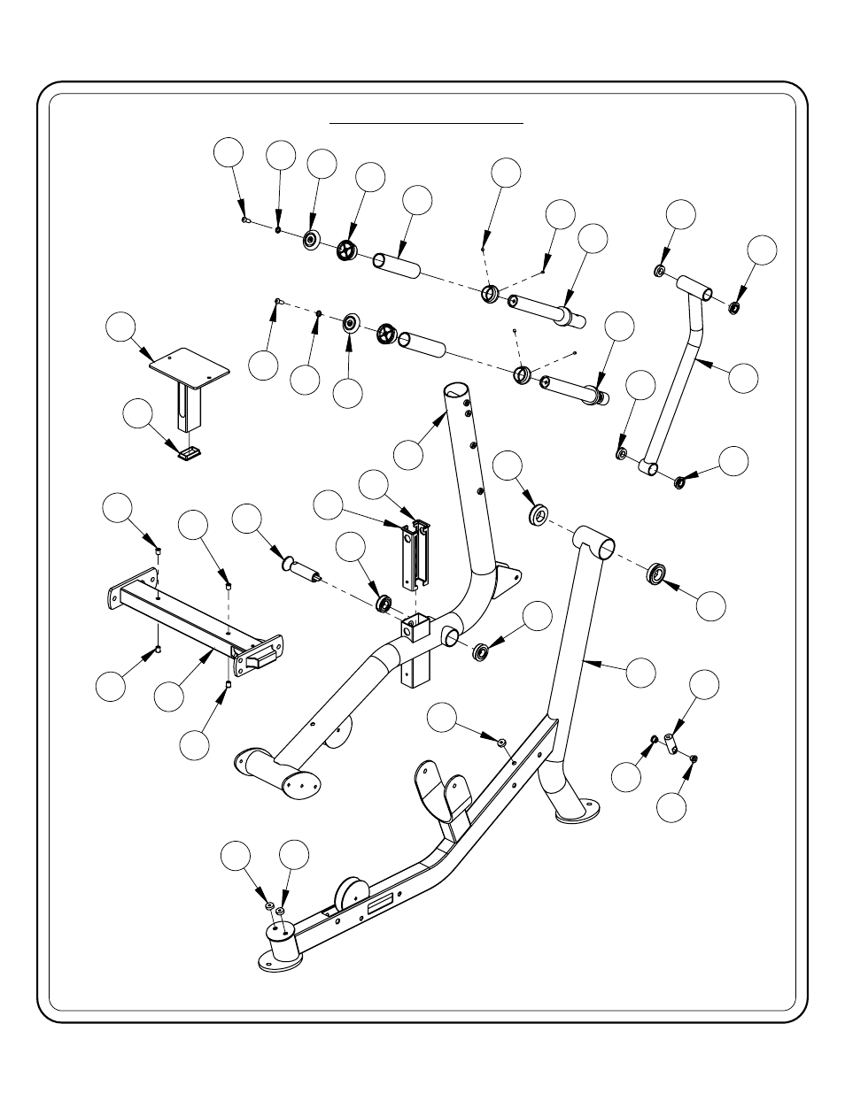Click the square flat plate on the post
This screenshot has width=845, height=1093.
pos(189,365)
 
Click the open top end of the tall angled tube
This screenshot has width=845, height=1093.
pos(455,390)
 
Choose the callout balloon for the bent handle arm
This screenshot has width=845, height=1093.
pos(744,375)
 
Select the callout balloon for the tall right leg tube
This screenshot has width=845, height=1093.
pos(641,672)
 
